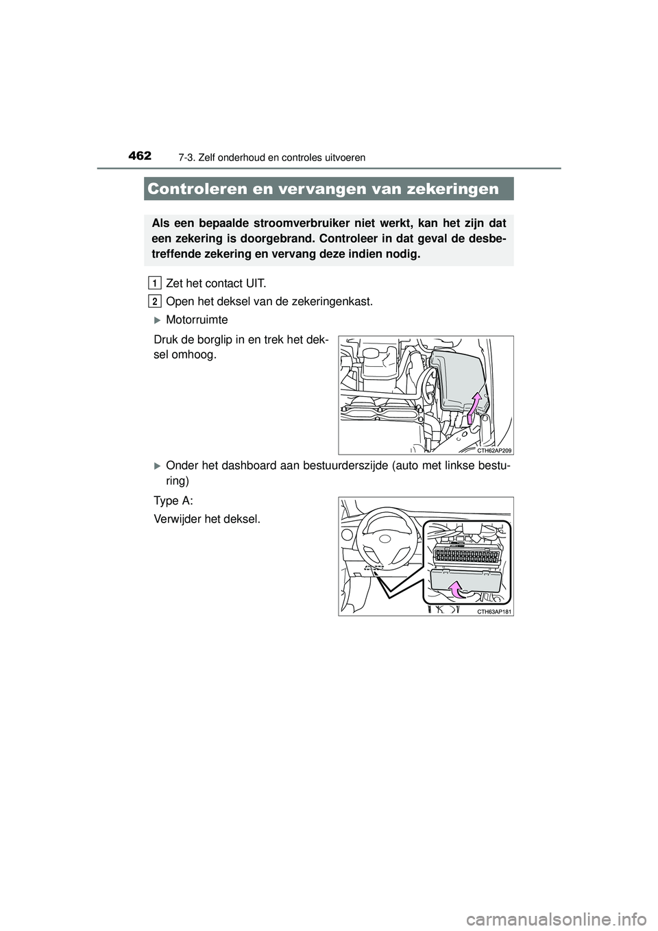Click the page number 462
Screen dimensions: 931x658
[x=139, y=156]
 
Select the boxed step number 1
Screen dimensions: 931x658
[x=155, y=283]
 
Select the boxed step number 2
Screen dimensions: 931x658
[x=155, y=302]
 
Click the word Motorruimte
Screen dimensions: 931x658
[x=197, y=320]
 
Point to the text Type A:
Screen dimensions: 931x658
[x=169, y=501]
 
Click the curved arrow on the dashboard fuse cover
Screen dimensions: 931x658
[x=456, y=588]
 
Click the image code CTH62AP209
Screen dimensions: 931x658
[x=495, y=450]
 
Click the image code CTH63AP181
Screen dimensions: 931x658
[x=494, y=611]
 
